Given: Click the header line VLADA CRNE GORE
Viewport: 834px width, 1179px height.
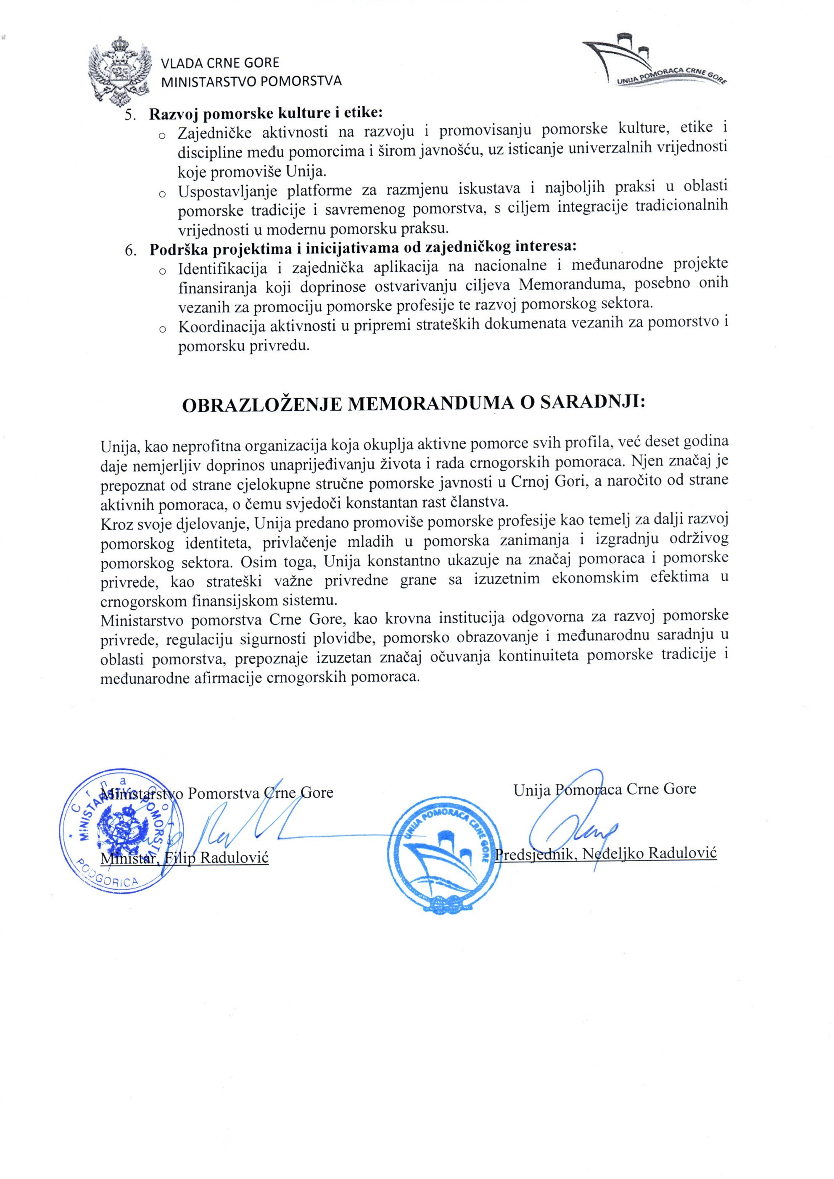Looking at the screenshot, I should (220, 63).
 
